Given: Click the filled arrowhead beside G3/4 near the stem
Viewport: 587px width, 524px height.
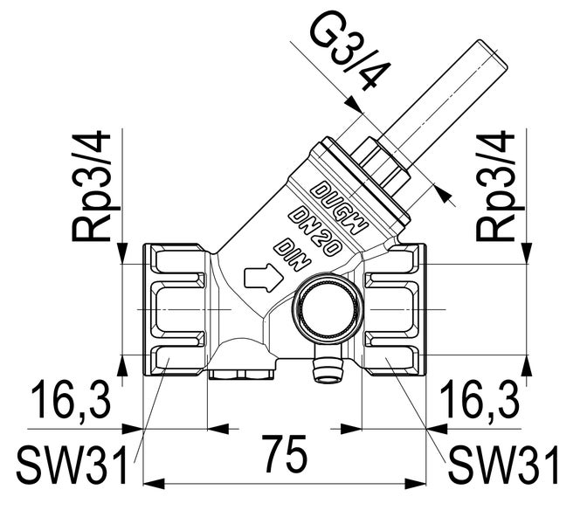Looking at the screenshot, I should [442, 195].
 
